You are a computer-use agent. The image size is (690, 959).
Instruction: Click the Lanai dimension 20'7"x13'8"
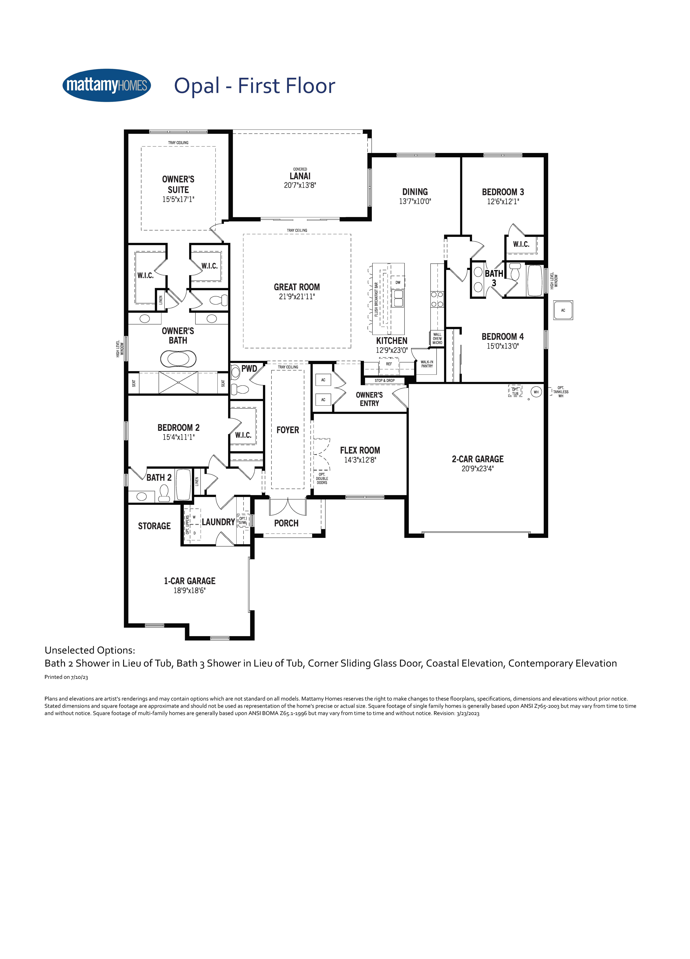tap(300, 185)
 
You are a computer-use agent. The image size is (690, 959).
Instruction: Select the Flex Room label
tap(360, 450)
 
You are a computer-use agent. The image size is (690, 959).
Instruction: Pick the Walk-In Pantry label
tap(427, 364)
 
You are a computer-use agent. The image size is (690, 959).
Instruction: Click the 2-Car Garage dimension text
tap(477, 468)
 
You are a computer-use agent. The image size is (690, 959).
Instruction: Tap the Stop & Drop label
tap(385, 381)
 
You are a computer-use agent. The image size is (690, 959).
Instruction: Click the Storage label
tap(154, 526)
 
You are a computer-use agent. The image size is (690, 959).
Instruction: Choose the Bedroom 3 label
tap(503, 192)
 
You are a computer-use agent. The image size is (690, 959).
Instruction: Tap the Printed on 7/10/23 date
tap(66, 677)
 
